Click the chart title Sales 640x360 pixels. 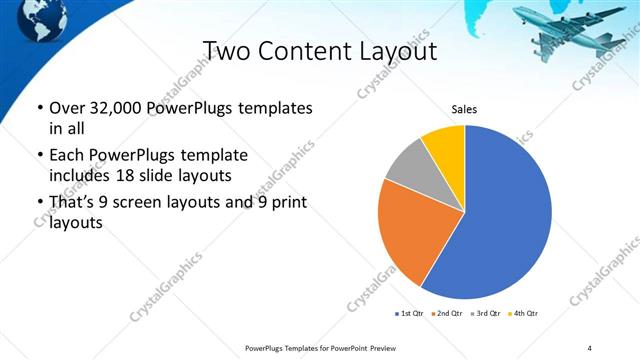(465, 107)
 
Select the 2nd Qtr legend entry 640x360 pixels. (448, 314)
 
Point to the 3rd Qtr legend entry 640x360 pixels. (486, 314)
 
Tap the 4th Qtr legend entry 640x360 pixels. (523, 314)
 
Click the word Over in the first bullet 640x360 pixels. (68, 108)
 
